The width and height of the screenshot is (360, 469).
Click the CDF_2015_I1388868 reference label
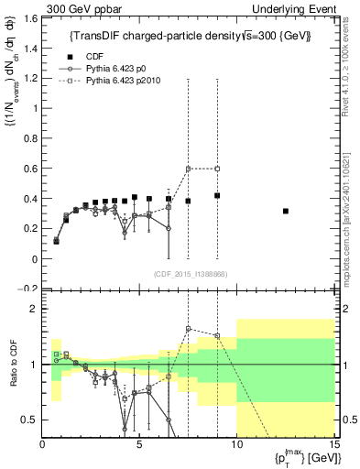[191, 274]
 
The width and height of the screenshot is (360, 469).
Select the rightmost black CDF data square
[286, 212]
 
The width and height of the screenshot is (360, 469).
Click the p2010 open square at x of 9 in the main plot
[217, 169]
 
